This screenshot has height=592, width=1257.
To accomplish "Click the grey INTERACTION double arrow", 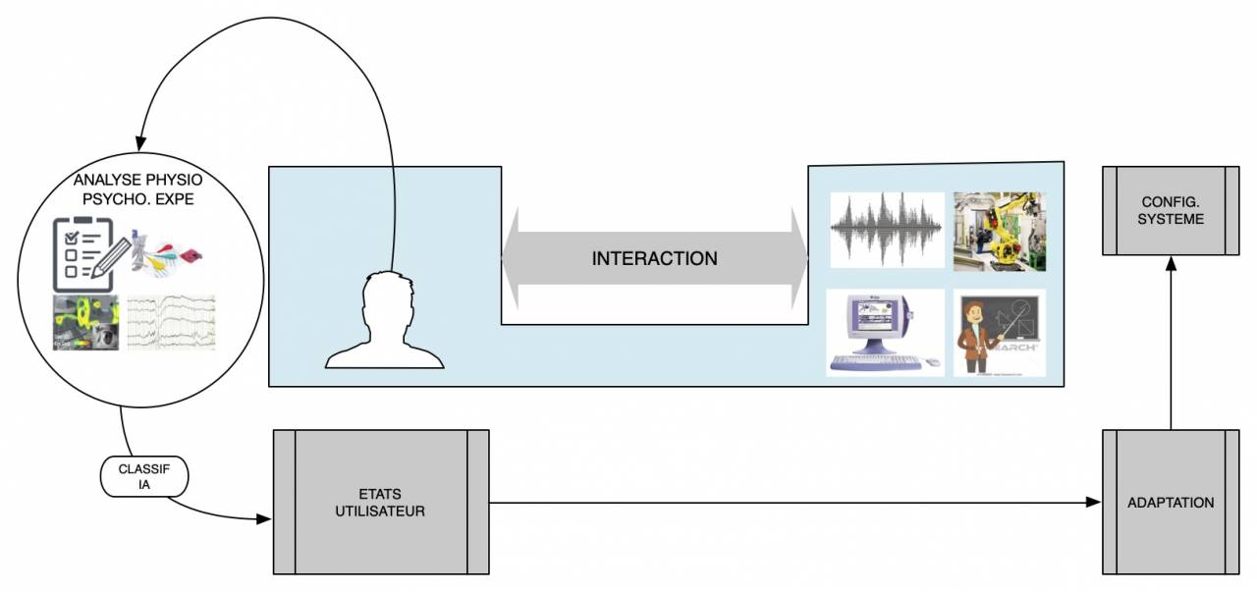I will pyautogui.click(x=654, y=259).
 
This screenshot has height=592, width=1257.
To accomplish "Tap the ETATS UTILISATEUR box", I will pyautogui.click(x=380, y=502).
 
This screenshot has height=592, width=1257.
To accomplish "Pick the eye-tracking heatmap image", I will pyautogui.click(x=85, y=322).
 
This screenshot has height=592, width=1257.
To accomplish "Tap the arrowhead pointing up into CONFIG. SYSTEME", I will pyautogui.click(x=1170, y=262).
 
